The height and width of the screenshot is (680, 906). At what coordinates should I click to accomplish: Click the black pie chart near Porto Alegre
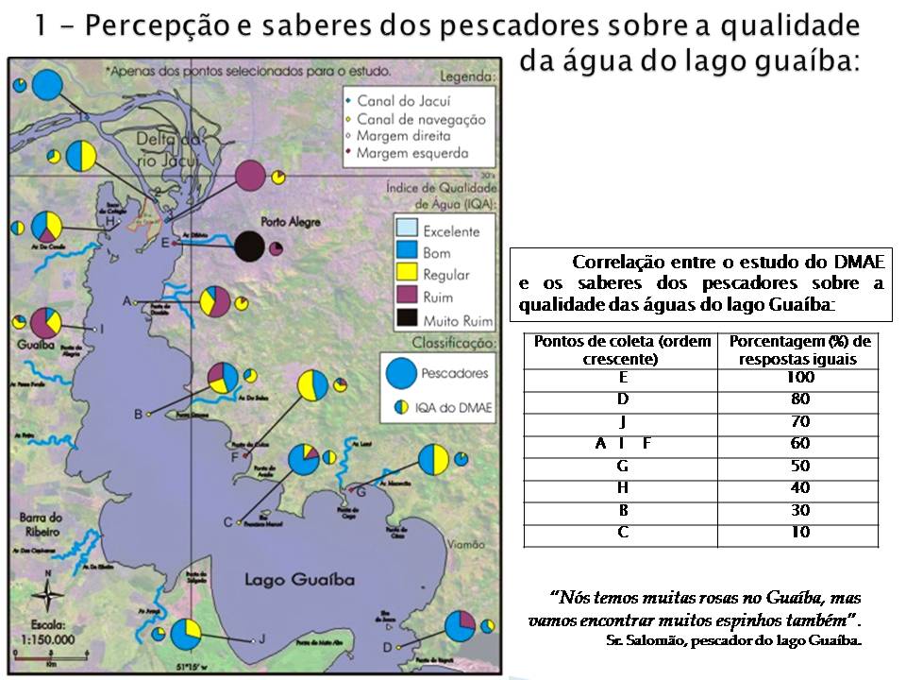click(x=249, y=246)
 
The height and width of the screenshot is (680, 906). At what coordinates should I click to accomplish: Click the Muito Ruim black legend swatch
click(x=407, y=319)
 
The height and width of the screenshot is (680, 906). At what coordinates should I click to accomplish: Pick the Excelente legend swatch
click(x=407, y=229)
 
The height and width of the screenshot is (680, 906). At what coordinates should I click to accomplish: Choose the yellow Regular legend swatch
click(x=407, y=275)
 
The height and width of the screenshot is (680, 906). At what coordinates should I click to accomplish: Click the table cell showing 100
click(x=798, y=378)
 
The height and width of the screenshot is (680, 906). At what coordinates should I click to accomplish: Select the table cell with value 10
click(x=798, y=532)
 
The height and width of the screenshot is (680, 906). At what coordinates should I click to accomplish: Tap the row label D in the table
click(x=622, y=399)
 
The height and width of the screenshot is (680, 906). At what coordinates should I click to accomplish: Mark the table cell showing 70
click(x=798, y=421)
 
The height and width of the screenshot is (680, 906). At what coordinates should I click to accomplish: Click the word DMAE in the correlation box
click(x=859, y=262)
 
